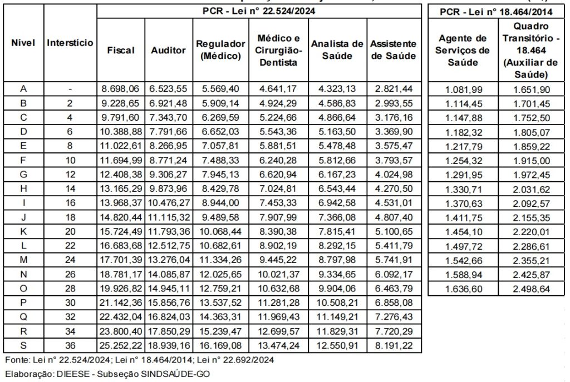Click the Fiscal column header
coord(121,50)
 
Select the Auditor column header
coord(169,50)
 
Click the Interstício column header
coord(70,42)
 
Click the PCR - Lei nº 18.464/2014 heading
coord(496,11)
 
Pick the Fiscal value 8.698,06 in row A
coord(121,89)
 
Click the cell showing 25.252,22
coord(121,345)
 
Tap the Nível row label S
coord(23,345)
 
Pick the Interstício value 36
coord(70,345)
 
